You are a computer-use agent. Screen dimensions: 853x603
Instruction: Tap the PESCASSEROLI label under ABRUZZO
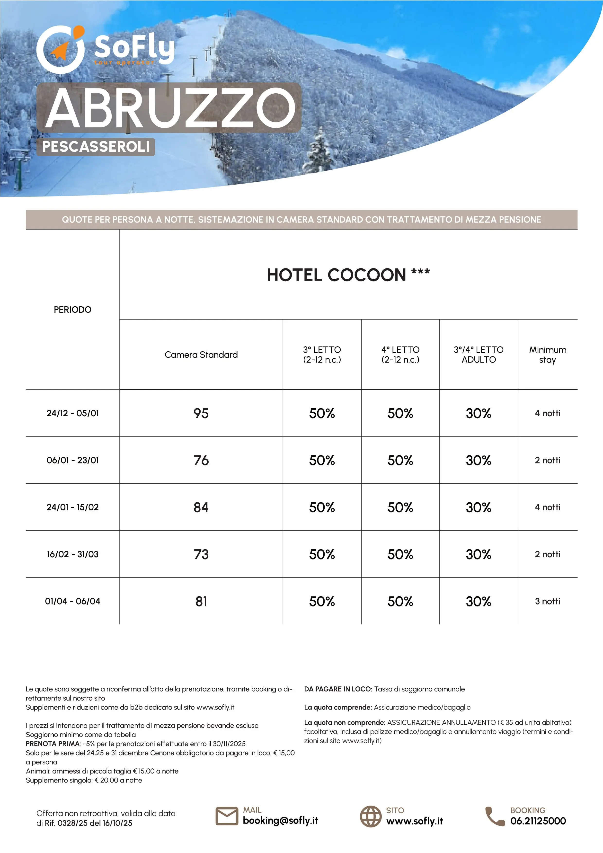click(x=96, y=147)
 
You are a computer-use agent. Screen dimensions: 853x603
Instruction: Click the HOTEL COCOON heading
click(x=348, y=275)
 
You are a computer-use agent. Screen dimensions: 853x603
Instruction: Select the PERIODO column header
click(x=72, y=310)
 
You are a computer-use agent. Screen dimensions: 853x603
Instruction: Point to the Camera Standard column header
click(x=201, y=355)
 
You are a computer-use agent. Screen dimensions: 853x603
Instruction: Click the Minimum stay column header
click(x=547, y=355)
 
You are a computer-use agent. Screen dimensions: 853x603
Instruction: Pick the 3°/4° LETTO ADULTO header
click(x=478, y=355)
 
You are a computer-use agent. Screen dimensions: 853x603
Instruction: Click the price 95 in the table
click(x=201, y=413)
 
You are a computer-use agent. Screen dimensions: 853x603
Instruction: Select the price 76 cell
click(x=201, y=460)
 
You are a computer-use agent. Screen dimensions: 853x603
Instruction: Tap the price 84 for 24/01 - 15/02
click(x=201, y=507)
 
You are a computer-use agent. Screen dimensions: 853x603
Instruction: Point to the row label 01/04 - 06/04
click(x=72, y=601)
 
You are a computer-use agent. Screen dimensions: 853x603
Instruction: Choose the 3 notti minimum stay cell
click(x=547, y=601)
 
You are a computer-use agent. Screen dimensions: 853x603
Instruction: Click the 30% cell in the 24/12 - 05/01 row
click(x=478, y=413)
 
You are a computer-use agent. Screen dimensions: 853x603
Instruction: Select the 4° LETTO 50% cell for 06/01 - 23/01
click(x=400, y=460)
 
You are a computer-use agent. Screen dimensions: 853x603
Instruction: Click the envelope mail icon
click(x=227, y=816)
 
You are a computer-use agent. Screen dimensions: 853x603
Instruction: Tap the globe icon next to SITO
click(x=370, y=816)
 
